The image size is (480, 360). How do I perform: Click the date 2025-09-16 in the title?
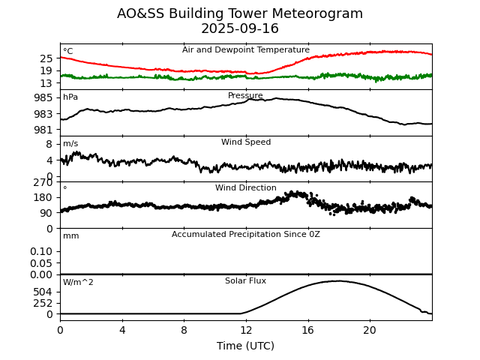pyautogui.click(x=240, y=29)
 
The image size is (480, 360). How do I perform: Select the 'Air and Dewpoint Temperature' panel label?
pyautogui.click(x=246, y=50)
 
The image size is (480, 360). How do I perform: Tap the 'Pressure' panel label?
pyautogui.click(x=246, y=96)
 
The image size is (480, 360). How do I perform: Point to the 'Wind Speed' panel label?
pyautogui.click(x=246, y=142)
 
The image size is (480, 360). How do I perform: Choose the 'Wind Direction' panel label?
pyautogui.click(x=246, y=188)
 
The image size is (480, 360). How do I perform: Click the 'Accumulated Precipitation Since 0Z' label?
pyautogui.click(x=246, y=235)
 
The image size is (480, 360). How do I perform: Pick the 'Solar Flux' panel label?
pyautogui.click(x=246, y=281)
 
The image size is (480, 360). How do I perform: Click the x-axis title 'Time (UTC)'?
pyautogui.click(x=246, y=346)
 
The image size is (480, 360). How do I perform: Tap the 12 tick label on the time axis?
pyautogui.click(x=246, y=330)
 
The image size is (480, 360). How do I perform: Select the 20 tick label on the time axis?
pyautogui.click(x=370, y=330)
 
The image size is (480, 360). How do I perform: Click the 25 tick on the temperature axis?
pyautogui.click(x=46, y=58)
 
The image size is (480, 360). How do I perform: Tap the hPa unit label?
pyautogui.click(x=70, y=97)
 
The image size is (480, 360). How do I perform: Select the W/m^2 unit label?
pyautogui.click(x=78, y=283)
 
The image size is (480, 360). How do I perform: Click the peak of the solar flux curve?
pyautogui.click(x=337, y=281)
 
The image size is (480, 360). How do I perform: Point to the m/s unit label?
pyautogui.click(x=70, y=144)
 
